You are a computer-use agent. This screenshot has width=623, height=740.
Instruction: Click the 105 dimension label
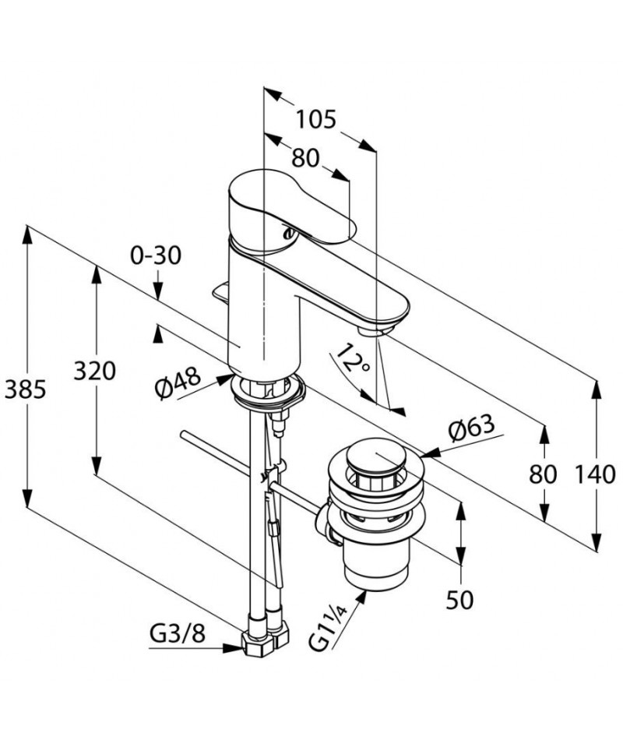(x=315, y=119)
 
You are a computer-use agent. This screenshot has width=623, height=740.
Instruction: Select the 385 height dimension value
(x=25, y=389)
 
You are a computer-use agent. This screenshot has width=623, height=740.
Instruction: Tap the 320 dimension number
(x=94, y=371)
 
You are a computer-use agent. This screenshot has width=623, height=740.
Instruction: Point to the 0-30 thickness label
(x=156, y=255)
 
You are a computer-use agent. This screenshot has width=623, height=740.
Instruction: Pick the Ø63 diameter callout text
(x=472, y=427)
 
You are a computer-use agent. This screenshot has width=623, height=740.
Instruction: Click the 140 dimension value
(x=595, y=474)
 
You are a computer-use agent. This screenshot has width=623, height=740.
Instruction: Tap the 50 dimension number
(x=459, y=601)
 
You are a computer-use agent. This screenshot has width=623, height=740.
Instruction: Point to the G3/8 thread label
(x=178, y=634)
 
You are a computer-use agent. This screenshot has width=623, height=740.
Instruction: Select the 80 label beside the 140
(x=543, y=474)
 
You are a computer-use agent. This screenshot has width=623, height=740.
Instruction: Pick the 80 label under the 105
(x=305, y=158)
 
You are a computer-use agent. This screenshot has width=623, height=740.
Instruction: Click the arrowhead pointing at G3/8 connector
(x=232, y=648)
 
